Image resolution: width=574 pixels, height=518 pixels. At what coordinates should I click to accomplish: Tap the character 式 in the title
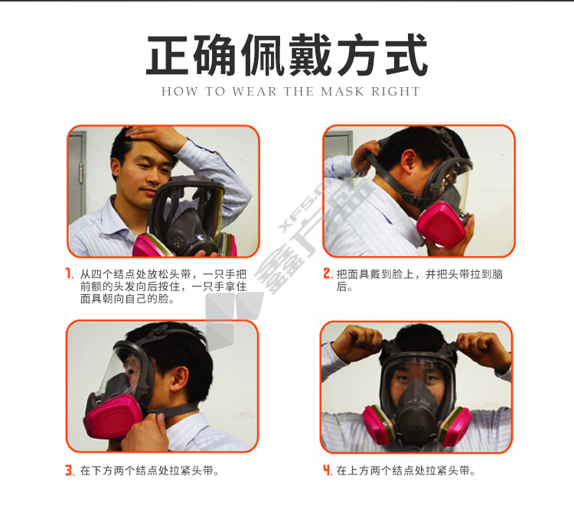(406, 55)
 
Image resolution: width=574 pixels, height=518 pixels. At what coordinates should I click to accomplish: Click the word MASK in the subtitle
(342, 92)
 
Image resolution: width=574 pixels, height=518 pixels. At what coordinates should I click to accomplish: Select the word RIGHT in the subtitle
(396, 92)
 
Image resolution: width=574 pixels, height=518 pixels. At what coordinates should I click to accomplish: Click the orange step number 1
(69, 274)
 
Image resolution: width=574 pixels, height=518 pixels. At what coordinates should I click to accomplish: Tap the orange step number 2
(328, 274)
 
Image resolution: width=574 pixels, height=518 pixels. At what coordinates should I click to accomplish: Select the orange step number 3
(70, 470)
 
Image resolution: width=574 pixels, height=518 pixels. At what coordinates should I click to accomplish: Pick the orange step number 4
(327, 470)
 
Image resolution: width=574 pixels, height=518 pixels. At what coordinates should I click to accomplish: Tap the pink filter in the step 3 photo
(113, 416)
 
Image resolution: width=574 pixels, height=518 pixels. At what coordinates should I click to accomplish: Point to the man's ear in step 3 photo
(180, 378)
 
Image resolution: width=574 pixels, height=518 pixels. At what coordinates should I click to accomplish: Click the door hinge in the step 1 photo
(81, 173)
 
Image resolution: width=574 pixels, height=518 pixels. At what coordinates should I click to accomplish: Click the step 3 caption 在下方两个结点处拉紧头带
(150, 471)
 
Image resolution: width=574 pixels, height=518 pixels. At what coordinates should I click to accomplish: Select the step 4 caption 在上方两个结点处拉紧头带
(406, 471)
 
